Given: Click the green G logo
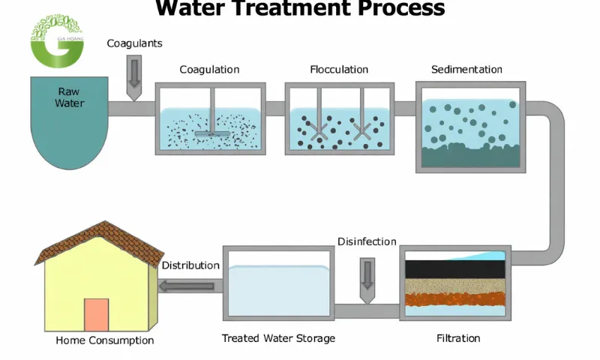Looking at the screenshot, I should (56, 41).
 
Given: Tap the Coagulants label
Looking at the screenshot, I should (134, 43).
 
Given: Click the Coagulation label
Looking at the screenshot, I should (209, 70).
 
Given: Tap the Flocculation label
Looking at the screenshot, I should (339, 70).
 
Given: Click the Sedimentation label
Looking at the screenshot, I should (466, 70).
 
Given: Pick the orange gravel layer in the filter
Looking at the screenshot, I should (455, 300).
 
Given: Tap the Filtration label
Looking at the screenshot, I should (458, 338).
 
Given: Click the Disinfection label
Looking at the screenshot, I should (367, 241).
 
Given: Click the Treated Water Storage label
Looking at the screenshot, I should (278, 338).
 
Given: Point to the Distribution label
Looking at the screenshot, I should (190, 265).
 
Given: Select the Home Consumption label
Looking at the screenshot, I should (104, 340).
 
